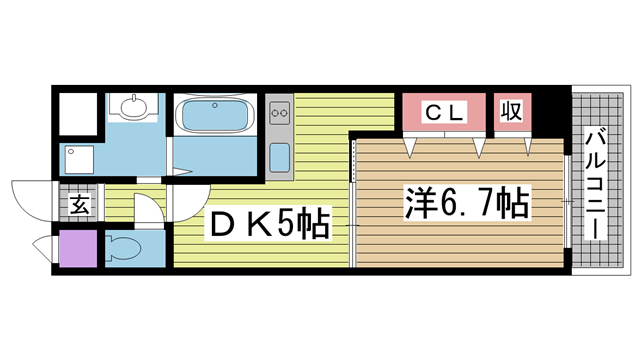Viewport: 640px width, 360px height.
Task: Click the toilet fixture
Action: coord(124,249)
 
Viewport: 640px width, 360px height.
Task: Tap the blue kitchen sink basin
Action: coord(280,157)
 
